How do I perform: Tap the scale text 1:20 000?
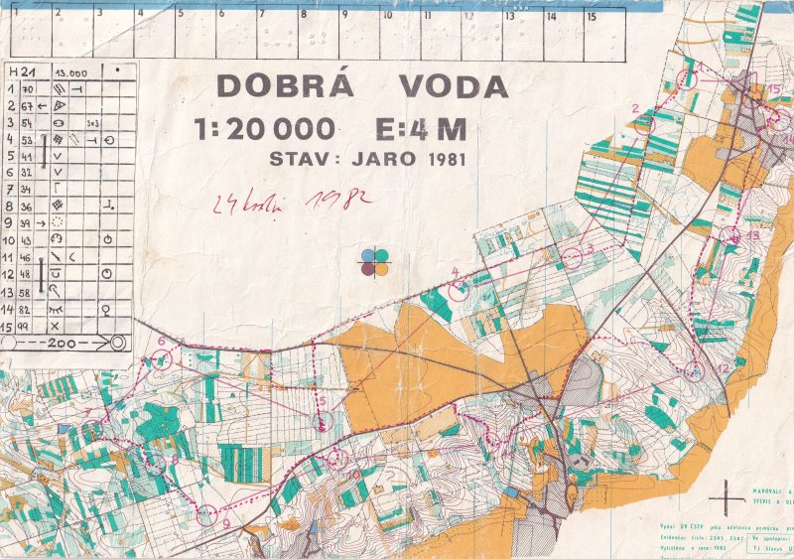click(x=265, y=130)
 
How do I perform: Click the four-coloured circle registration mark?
click(x=375, y=261)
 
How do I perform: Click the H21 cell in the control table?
click(x=17, y=72)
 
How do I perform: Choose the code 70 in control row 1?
click(x=27, y=89)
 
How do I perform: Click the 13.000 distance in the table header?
click(x=71, y=73)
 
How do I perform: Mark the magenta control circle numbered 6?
click(x=162, y=359)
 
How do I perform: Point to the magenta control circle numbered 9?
click(x=206, y=514)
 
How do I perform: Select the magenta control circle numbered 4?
click(x=458, y=290)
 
